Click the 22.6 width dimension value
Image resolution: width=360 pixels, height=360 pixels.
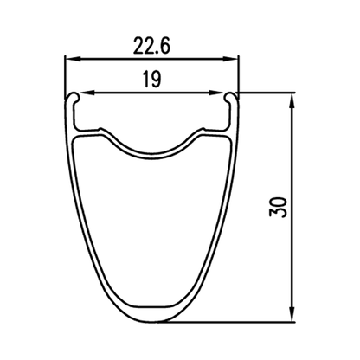click(x=151, y=46)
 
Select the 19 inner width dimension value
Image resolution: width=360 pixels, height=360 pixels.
click(x=151, y=80)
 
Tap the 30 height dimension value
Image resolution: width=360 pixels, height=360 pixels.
click(x=279, y=207)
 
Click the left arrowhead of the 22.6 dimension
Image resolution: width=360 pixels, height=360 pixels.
click(x=72, y=60)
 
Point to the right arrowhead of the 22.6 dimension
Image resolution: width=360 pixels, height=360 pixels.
click(x=231, y=60)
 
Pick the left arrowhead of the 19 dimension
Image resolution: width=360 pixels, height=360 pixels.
click(x=87, y=93)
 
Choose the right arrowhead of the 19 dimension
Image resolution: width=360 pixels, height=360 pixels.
click(x=216, y=93)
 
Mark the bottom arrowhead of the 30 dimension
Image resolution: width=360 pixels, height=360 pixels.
click(x=292, y=314)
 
